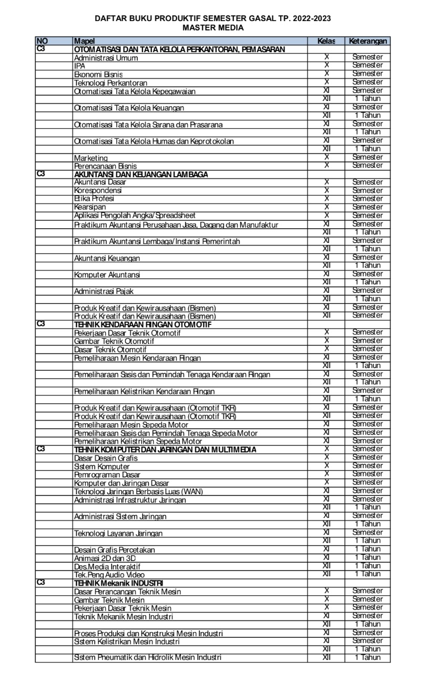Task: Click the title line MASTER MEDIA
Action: (213, 28)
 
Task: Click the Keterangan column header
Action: (367, 41)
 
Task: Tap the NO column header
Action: (42, 41)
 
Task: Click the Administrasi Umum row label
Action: (106, 58)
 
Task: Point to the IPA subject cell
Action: (80, 66)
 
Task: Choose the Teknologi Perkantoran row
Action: (110, 83)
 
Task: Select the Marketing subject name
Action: (91, 158)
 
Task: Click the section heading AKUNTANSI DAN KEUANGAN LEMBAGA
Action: (141, 174)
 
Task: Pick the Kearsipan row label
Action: (90, 207)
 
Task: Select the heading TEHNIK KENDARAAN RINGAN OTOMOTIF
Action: (142, 324)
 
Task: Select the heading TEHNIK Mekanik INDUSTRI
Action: (119, 583)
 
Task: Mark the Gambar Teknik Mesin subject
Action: (109, 600)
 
